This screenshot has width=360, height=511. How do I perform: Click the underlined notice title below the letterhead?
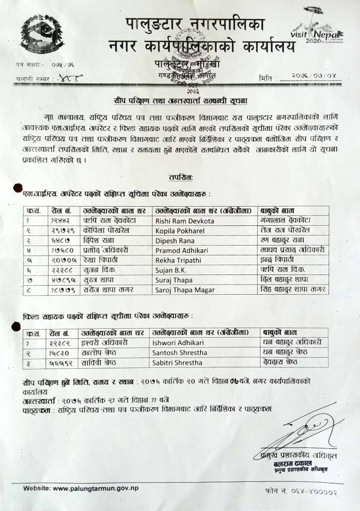(180, 101)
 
